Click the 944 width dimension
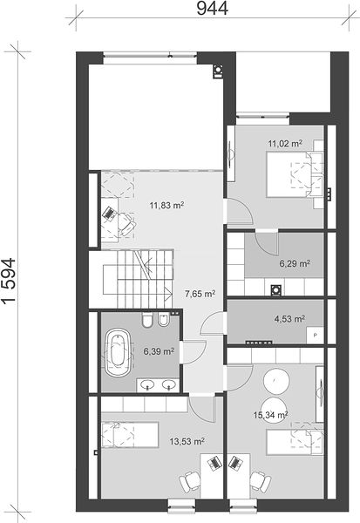point(212,8)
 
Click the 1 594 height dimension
point(9,280)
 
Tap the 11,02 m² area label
point(285,144)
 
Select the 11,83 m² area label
point(166,205)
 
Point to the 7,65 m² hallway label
point(200,294)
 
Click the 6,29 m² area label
point(295,264)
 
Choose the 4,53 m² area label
point(289,319)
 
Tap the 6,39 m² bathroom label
point(159,351)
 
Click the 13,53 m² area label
point(187,442)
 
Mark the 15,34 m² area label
point(270,415)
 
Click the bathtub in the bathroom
point(118,353)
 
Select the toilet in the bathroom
point(146,320)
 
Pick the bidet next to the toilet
point(164,320)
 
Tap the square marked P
point(315,335)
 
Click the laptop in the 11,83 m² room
point(108,214)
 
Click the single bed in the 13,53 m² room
point(130,435)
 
